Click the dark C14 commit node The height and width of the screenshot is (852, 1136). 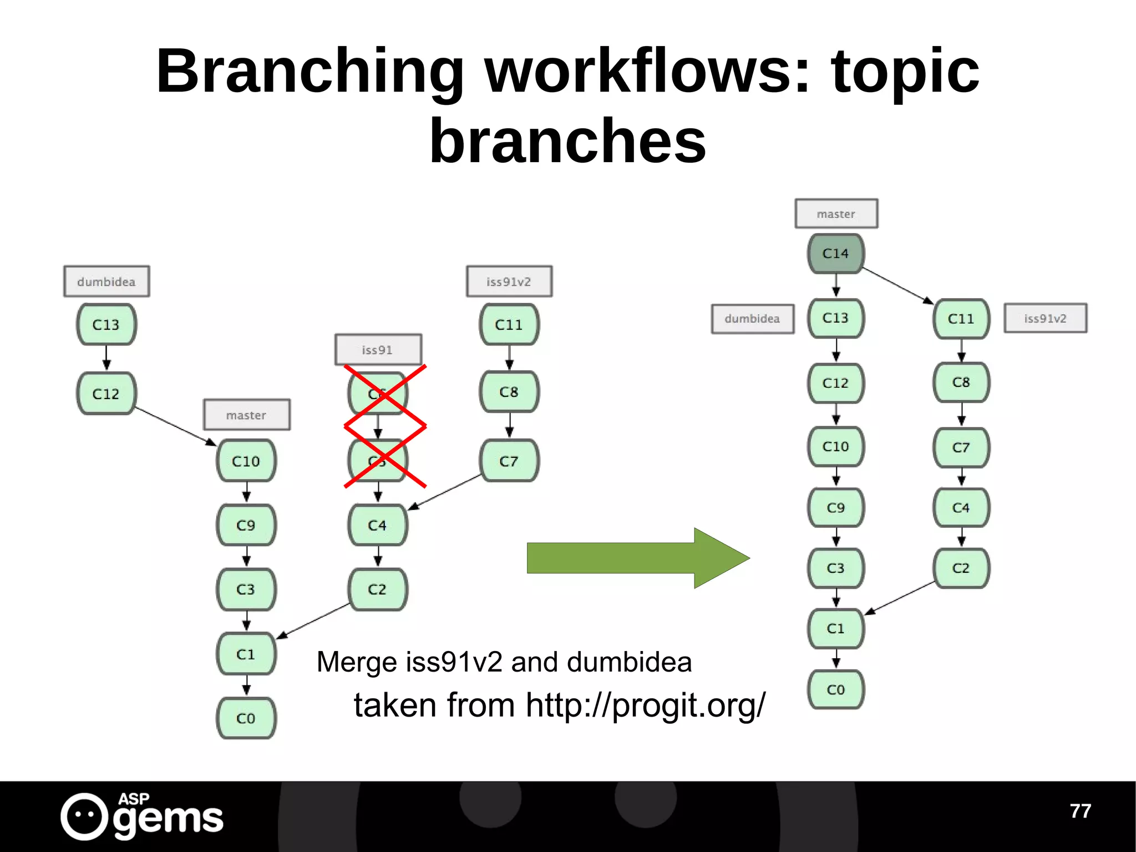tap(835, 254)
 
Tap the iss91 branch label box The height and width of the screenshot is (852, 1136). tap(378, 350)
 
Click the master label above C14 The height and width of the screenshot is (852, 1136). tap(836, 214)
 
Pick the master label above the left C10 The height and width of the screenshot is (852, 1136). tap(246, 415)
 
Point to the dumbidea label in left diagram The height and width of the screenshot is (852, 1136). tap(106, 281)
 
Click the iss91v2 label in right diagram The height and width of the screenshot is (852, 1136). tap(1045, 318)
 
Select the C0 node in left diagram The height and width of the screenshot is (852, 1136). tap(246, 718)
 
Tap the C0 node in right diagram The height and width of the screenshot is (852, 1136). tap(835, 689)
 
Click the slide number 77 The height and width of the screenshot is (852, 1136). tap(1080, 811)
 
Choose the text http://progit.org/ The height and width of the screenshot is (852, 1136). tap(645, 705)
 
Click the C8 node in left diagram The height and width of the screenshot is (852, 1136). tap(509, 392)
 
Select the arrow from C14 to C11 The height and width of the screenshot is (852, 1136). tap(897, 286)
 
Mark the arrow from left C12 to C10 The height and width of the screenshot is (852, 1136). tap(175, 426)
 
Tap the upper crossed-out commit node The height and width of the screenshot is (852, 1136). tap(378, 393)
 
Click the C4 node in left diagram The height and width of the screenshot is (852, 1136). tap(377, 525)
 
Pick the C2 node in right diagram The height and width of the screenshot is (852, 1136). tap(961, 568)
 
